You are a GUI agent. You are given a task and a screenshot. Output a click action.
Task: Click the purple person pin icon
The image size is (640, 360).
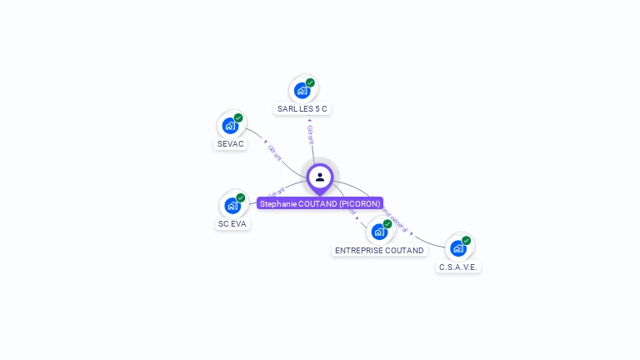[x=320, y=177]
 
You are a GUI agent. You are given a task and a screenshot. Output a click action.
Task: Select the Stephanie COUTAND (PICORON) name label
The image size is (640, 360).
[x=320, y=203]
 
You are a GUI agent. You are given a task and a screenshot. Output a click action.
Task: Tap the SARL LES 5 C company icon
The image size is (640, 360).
[x=302, y=90]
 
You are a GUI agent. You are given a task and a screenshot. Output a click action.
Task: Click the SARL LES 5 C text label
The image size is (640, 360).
[x=303, y=109]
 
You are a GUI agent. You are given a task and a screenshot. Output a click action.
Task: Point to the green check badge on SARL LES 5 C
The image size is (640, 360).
[x=310, y=82]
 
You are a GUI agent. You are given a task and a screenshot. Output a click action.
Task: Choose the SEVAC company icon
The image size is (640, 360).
[x=230, y=126]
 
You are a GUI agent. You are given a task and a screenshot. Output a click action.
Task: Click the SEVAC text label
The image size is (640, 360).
[x=231, y=144]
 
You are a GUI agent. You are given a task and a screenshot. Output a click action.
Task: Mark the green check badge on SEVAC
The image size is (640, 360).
[x=238, y=117]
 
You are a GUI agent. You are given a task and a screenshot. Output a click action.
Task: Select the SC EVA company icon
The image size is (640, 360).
[x=232, y=205]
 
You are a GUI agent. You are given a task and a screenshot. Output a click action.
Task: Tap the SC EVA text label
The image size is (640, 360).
[x=233, y=224]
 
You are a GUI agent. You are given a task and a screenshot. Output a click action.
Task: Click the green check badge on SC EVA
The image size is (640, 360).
[x=241, y=197]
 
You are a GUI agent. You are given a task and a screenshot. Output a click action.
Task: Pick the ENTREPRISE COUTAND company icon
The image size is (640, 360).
[x=379, y=232]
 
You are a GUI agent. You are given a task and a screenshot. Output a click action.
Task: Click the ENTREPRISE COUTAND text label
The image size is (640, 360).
[x=379, y=250]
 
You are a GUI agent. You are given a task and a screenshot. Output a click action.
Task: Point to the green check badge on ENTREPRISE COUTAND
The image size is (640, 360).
[x=387, y=223]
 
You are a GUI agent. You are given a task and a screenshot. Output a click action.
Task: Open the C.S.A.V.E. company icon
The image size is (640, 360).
[x=458, y=248]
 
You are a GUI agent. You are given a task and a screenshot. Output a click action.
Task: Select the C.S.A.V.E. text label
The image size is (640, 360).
[x=458, y=267]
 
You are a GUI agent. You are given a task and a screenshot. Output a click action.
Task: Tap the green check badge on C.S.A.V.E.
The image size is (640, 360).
[x=467, y=241]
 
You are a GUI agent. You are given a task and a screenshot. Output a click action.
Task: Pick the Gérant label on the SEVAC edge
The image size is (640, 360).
[x=275, y=152]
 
